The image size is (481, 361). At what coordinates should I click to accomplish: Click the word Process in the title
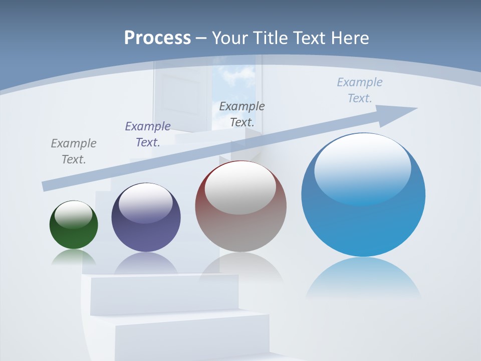pos(157,38)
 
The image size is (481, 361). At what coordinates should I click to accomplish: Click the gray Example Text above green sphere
pos(74,151)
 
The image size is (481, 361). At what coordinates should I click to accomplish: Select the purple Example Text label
pos(148,134)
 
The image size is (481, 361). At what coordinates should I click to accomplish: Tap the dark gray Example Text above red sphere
pos(242,114)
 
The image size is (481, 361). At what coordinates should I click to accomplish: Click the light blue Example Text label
pos(360,90)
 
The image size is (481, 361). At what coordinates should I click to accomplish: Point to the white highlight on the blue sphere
pos(362,168)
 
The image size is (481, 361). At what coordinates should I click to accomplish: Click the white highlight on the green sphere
pos(74,215)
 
